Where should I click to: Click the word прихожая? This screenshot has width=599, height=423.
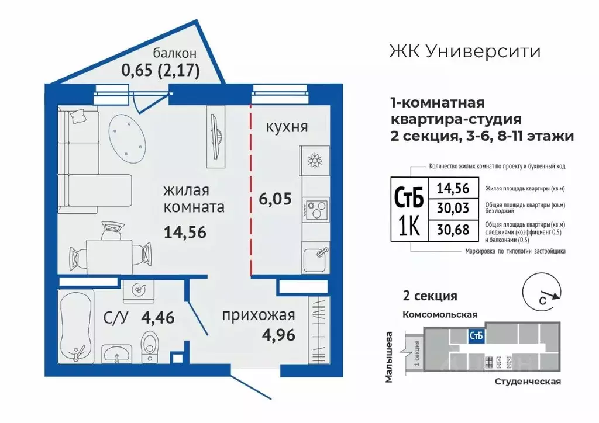click(x=257, y=316)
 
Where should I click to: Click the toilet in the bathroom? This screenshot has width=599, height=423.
click(x=150, y=344)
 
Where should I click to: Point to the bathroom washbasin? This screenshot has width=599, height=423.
click(x=118, y=354)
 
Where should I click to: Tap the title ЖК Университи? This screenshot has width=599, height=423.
click(x=465, y=51)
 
